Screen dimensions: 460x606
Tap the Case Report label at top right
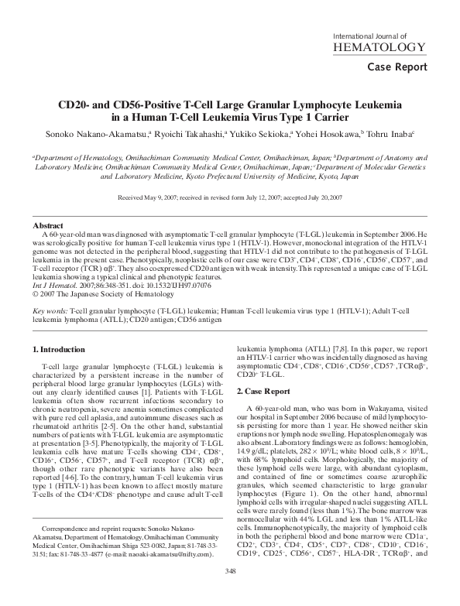pyautogui.click(x=396, y=67)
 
